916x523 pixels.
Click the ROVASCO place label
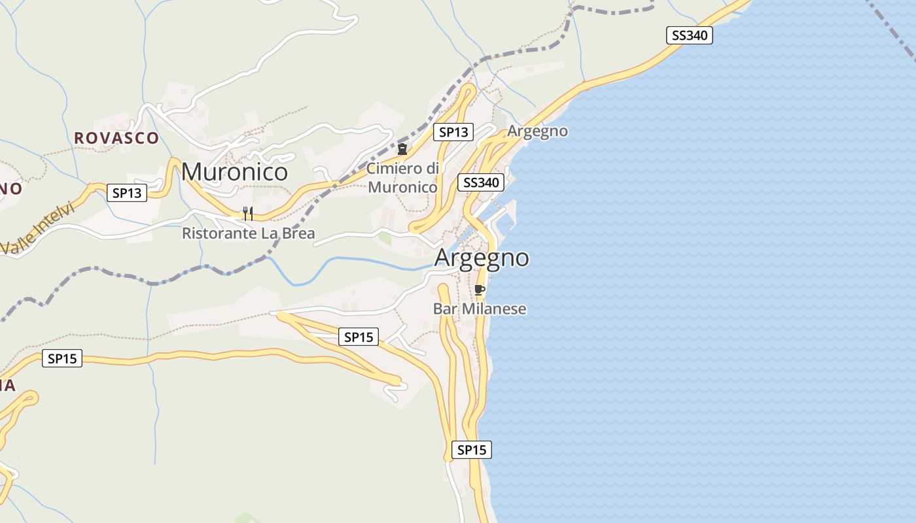point(116,138)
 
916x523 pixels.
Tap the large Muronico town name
point(234,171)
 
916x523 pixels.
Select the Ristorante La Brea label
point(248,233)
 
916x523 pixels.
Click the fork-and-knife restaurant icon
point(248,214)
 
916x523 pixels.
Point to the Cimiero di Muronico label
point(402,178)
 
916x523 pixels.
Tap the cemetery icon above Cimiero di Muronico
point(402,150)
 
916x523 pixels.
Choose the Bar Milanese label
point(480,309)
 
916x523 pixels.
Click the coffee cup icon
point(479,290)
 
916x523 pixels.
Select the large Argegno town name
point(482,258)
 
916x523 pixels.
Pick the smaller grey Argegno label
point(537,131)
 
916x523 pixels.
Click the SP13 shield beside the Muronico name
point(127,193)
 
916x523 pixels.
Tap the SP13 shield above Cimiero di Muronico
point(453,132)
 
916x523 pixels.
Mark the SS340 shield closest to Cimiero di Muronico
point(481,182)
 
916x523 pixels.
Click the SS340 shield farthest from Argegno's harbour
point(690,35)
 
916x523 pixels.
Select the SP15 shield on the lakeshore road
point(471,450)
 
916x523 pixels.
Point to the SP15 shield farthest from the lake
point(62,358)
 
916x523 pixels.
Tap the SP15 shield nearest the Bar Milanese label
point(359,337)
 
